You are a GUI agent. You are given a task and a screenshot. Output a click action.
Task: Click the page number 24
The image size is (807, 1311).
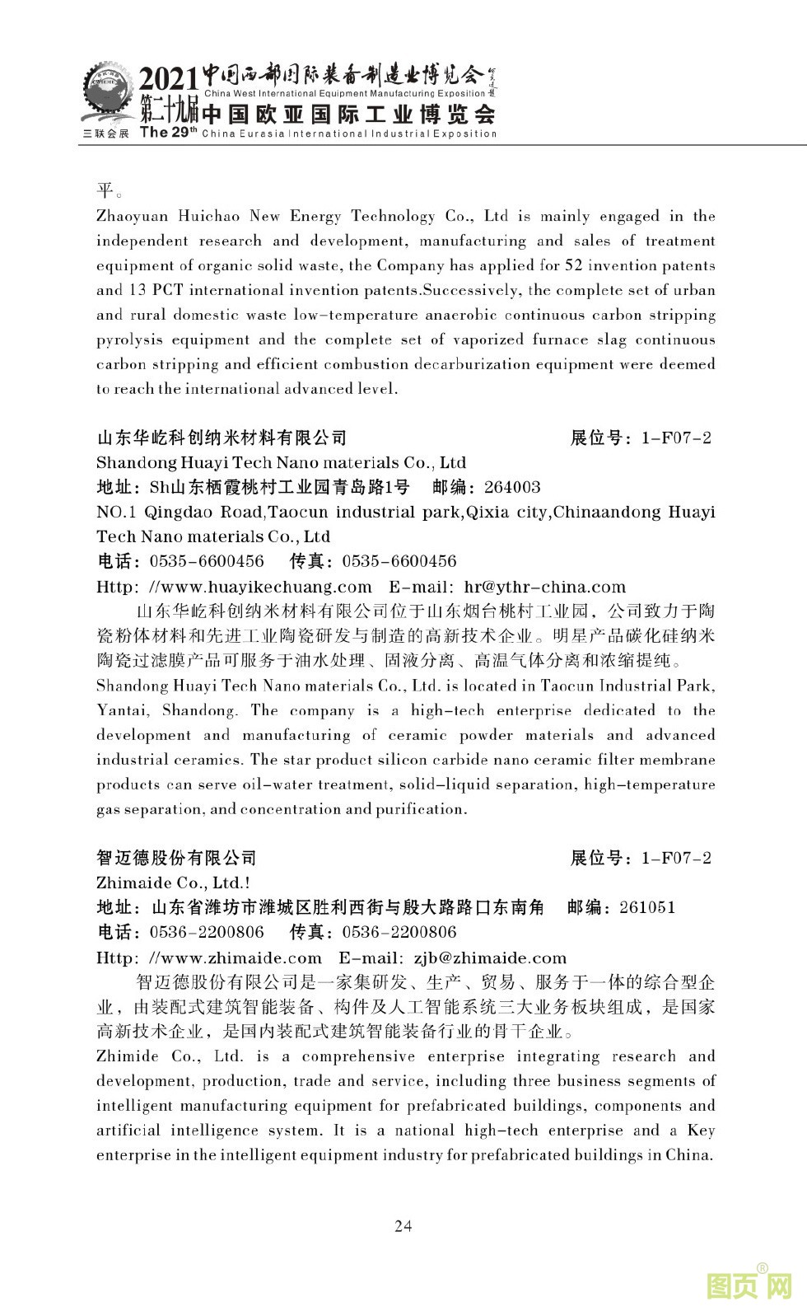[403, 1225]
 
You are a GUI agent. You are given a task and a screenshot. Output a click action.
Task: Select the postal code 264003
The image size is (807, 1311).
[512, 487]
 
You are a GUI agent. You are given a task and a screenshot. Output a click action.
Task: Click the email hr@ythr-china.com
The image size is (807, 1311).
[545, 587]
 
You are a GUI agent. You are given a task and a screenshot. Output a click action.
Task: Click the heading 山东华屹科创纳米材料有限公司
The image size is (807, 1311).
[222, 438]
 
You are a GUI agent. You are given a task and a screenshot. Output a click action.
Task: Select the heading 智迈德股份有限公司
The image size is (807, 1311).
[176, 858]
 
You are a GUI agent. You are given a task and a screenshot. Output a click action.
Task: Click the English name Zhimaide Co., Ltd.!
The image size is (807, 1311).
[174, 883]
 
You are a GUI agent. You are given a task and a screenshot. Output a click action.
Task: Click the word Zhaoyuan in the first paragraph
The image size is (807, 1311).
[132, 216]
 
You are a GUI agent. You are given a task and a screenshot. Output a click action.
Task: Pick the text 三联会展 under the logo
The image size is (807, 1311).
[105, 133]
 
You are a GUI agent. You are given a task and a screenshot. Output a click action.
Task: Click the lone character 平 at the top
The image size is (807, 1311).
[105, 191]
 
